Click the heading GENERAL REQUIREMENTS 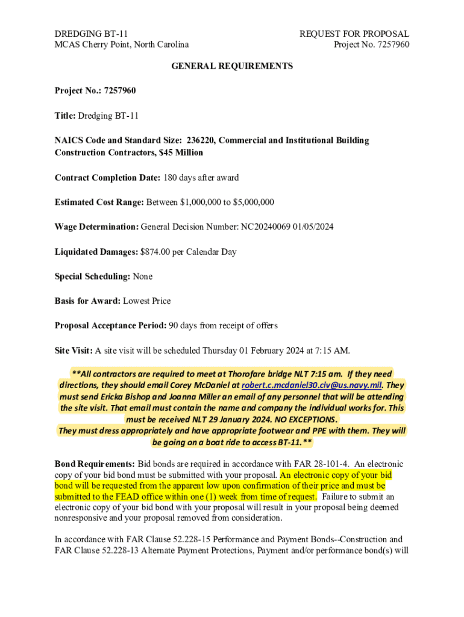point(232,66)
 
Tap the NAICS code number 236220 point(196,140)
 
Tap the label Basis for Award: point(87,301)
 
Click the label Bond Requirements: point(95,464)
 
